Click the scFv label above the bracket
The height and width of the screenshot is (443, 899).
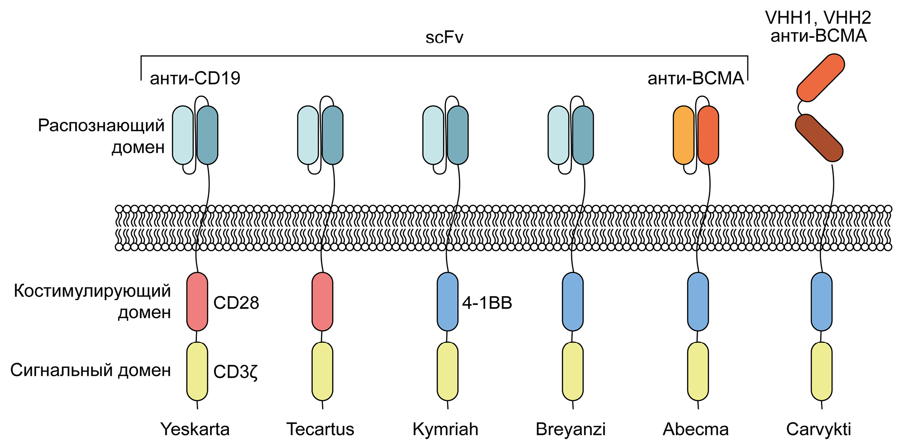pyautogui.click(x=444, y=38)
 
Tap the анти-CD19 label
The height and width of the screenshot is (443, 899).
pyautogui.click(x=195, y=78)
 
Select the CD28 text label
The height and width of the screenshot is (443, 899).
pyautogui.click(x=236, y=303)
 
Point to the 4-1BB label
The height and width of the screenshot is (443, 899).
pyautogui.click(x=487, y=303)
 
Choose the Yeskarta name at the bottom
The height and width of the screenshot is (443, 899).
pyautogui.click(x=195, y=429)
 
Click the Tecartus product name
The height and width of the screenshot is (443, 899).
pyautogui.click(x=320, y=429)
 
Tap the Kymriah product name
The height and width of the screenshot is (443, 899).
pyautogui.click(x=445, y=429)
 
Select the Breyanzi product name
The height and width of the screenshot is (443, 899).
pyautogui.click(x=570, y=429)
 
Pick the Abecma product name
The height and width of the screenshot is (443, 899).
pyautogui.click(x=696, y=429)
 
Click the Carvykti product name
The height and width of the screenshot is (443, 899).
pyautogui.click(x=818, y=429)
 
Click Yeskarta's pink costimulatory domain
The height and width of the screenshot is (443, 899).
pyautogui.click(x=197, y=302)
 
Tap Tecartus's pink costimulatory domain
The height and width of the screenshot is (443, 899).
pyautogui.click(x=322, y=302)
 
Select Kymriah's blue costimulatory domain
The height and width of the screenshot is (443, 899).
pyautogui.click(x=447, y=302)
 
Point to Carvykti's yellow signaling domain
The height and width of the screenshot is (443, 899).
pyautogui.click(x=822, y=371)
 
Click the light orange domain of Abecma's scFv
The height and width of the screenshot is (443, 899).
pyautogui.click(x=683, y=135)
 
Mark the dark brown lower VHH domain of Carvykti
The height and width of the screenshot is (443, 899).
pyautogui.click(x=819, y=138)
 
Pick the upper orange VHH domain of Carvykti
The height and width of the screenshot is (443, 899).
pyautogui.click(x=820, y=78)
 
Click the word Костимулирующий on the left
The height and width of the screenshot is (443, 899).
pyautogui.click(x=92, y=291)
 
